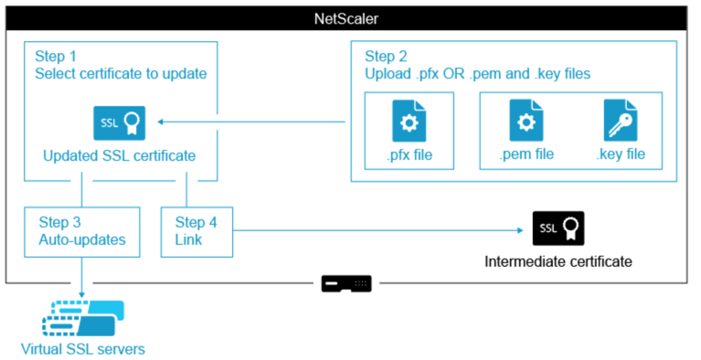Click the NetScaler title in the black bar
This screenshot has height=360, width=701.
pos(346,18)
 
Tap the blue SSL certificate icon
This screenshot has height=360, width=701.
pos(120,123)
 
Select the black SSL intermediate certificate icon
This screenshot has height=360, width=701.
pos(558,228)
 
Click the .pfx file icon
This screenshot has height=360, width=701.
pos(409,121)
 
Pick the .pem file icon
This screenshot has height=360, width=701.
pos(526,121)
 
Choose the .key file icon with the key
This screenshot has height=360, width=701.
pos(621,121)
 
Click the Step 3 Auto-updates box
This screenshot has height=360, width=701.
pos(82,232)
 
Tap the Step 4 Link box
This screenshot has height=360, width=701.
pos(196,232)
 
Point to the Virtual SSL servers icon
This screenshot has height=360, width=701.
pos(83,318)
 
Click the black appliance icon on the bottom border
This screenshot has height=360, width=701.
pos(346,283)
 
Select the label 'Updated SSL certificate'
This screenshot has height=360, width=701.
pos(120,155)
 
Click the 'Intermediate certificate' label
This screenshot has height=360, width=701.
pos(558,261)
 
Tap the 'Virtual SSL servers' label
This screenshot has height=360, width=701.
pos(83,349)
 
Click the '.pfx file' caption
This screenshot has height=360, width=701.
pos(409,154)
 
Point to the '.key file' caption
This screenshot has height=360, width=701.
pos(621,154)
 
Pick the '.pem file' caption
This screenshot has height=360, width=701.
pos(526,154)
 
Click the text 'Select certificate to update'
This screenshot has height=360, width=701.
pos(121,73)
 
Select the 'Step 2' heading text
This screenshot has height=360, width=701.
pos(386,57)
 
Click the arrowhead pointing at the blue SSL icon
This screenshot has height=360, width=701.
pos(160,122)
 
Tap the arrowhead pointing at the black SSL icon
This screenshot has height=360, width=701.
pos(520,230)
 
